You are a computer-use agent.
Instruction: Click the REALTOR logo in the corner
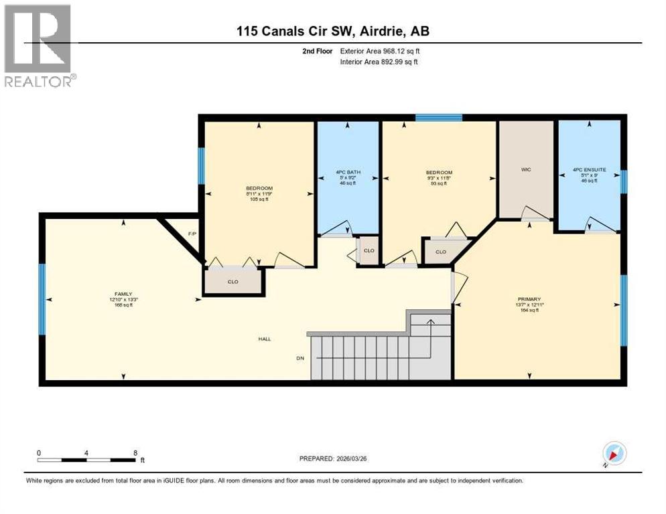coord(39,45)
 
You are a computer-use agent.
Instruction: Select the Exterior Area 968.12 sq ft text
coord(380,51)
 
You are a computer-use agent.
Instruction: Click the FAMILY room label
coord(123,294)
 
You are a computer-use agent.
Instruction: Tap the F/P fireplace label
coord(192,234)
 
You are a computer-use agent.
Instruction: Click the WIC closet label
coord(525,170)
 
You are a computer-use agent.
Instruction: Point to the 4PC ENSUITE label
coord(589,170)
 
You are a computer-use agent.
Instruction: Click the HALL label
coord(265,339)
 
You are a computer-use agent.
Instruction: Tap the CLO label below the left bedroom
coord(232,282)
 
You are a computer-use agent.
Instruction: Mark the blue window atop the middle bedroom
coord(438,118)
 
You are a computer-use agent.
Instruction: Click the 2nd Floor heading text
coord(318,51)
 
